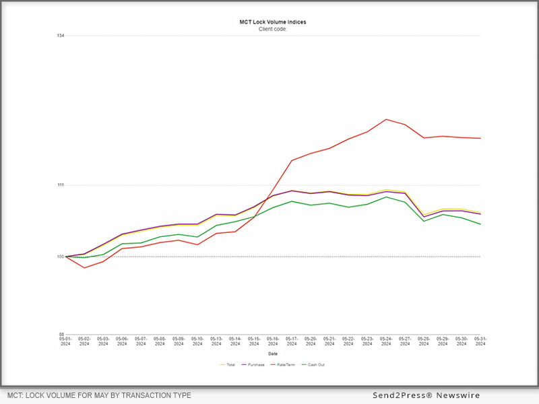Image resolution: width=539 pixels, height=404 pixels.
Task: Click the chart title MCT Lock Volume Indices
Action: click(273, 22)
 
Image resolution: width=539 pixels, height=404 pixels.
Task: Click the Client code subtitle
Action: click(273, 29)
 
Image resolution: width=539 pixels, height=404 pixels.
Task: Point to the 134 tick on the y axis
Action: click(61, 36)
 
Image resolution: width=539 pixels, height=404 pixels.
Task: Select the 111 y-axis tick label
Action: click(61, 185)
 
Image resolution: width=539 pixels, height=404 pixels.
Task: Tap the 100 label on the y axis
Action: click(61, 257)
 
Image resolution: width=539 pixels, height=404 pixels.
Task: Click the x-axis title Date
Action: click(273, 353)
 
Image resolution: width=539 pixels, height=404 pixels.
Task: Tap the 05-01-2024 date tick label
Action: click(65, 341)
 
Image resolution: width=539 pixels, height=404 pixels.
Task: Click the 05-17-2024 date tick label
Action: click(292, 341)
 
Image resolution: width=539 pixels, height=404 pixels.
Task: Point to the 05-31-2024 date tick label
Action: click(480, 341)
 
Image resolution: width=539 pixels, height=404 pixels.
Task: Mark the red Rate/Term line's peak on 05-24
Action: click(386, 119)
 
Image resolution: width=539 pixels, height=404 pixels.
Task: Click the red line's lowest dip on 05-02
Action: click(84, 268)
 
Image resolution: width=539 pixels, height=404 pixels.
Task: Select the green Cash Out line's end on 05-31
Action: click(480, 224)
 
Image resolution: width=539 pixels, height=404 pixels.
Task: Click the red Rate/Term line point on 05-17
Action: click(292, 160)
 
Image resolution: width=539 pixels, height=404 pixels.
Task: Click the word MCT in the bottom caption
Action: click(16, 395)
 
